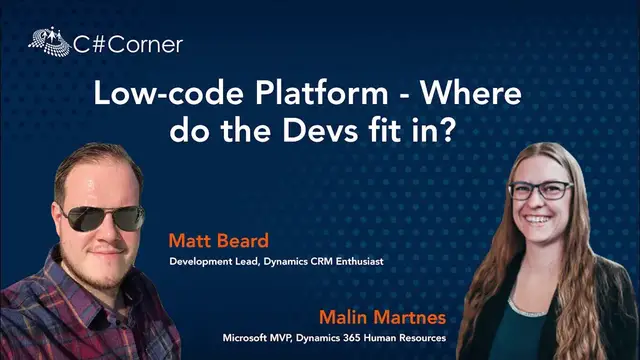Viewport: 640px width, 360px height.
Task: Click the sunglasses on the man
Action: (x=99, y=215)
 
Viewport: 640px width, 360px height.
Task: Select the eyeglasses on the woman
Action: (x=539, y=190)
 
